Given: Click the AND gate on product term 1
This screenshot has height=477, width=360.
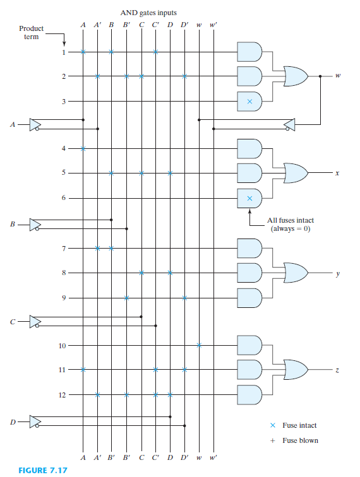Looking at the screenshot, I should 249,52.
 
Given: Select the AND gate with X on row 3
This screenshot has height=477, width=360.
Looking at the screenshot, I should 249,100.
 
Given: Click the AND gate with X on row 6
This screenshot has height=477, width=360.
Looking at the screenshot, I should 249,197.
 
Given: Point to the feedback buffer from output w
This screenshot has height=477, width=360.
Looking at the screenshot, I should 289,124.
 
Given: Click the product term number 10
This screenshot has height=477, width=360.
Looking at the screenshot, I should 62,345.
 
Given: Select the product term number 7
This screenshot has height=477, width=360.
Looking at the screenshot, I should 63,248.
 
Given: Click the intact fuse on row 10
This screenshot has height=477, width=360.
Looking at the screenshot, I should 199,345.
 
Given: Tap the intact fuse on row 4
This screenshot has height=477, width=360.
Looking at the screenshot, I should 83,149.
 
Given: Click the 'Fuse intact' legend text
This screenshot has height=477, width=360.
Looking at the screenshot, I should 299,427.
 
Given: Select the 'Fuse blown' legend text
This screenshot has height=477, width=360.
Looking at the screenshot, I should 300,440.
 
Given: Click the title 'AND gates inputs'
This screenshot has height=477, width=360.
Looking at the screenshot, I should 149,13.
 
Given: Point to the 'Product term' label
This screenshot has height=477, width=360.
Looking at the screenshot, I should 32,32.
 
